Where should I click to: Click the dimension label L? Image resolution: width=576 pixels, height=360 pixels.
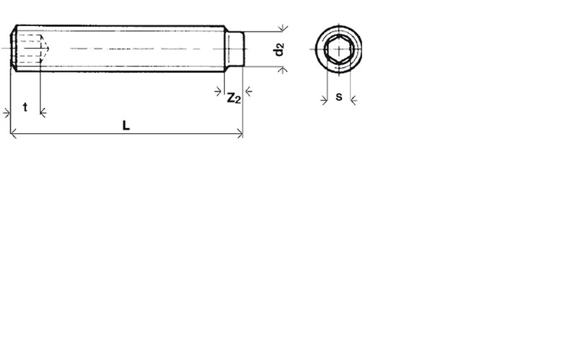coord(126,125)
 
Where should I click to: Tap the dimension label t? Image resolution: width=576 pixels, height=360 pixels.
coord(25,107)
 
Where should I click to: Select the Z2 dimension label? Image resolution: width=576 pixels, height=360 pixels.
coord(233,98)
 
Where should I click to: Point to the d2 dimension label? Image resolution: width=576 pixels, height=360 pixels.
coord(279,49)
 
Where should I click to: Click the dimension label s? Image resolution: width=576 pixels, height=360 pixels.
coord(338,96)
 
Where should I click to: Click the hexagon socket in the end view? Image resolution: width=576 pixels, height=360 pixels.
coord(338,49)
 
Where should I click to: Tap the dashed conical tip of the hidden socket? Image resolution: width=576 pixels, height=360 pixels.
coord(45,48)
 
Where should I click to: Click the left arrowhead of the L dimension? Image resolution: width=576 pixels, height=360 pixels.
coord(13,133)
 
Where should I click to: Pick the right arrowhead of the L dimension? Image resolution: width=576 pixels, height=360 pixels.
coord(240,133)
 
